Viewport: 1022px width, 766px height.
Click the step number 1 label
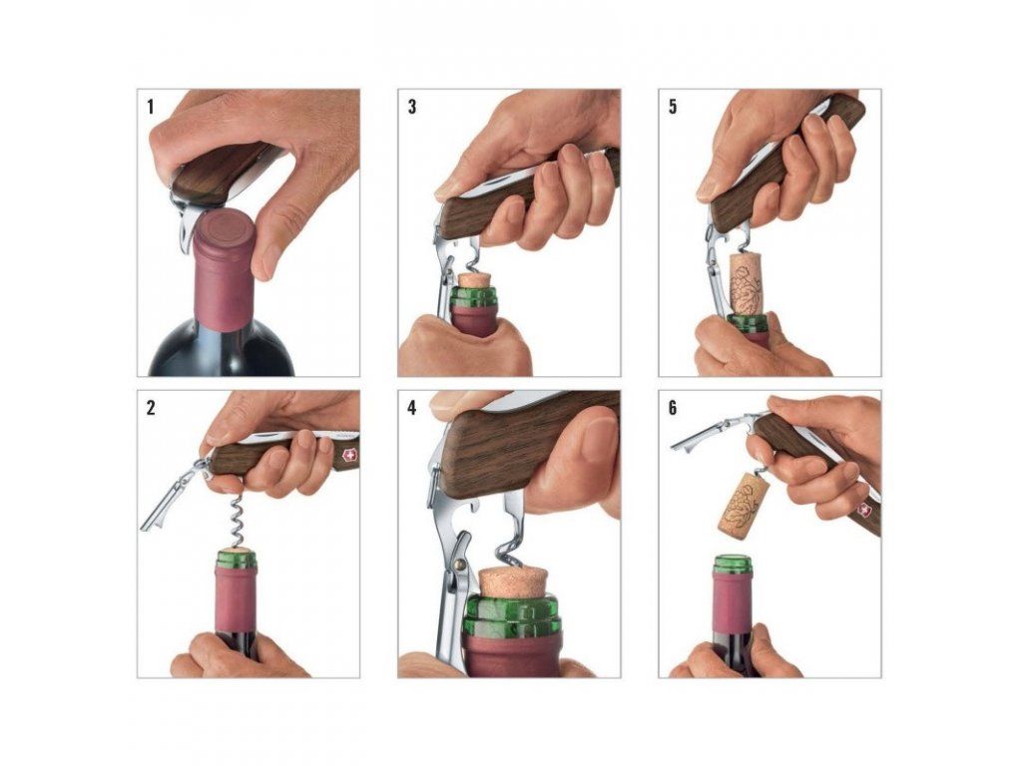[x=151, y=106]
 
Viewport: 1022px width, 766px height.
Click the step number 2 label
[x=152, y=408]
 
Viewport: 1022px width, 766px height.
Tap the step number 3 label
[x=412, y=106]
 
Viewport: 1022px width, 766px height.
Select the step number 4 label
[x=412, y=408]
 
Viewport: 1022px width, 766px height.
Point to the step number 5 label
[x=673, y=106]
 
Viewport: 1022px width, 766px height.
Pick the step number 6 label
[x=673, y=408]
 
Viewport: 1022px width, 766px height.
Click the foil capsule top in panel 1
[x=223, y=229]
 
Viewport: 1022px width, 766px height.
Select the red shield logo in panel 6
[x=865, y=509]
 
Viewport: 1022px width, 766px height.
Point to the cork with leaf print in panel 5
[x=746, y=284]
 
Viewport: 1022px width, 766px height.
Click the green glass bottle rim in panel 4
[x=512, y=616]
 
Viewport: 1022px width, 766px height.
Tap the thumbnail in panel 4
[x=597, y=440]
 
